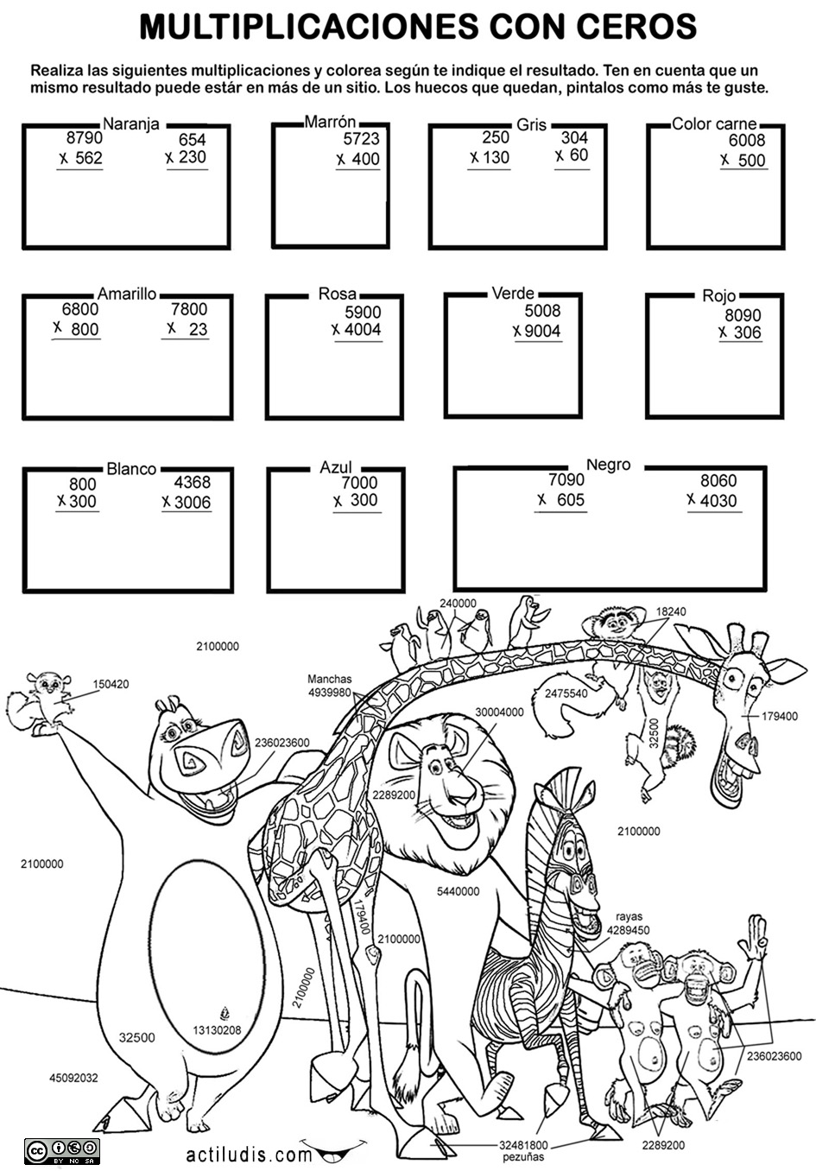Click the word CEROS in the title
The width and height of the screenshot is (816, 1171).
click(636, 26)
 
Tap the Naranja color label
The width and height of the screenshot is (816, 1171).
click(130, 124)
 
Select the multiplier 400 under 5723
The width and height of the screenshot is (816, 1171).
click(365, 159)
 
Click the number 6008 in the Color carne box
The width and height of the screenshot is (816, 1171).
click(747, 140)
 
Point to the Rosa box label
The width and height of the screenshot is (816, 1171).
click(337, 294)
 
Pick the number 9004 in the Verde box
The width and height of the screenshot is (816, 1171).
click(542, 331)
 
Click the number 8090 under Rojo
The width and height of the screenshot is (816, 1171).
click(743, 315)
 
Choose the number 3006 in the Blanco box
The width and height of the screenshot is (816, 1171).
click(193, 503)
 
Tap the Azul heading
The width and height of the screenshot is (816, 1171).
click(336, 467)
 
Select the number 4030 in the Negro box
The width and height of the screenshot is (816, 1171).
click(718, 501)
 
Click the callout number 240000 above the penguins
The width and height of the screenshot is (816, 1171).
click(458, 604)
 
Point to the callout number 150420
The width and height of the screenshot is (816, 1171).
click(111, 684)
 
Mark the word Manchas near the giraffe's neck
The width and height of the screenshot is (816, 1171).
click(329, 679)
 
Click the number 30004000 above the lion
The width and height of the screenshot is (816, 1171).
click(499, 712)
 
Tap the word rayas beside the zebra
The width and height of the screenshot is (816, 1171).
click(629, 916)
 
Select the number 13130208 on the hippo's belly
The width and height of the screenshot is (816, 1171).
click(217, 1030)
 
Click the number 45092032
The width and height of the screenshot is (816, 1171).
click(73, 1078)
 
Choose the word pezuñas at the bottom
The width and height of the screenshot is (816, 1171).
click(523, 1157)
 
